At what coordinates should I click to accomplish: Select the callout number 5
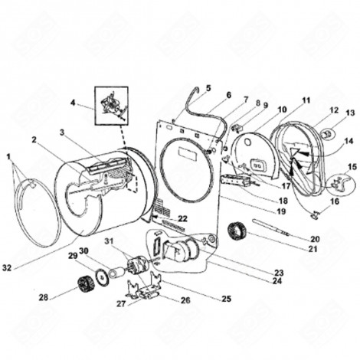pos(208,89)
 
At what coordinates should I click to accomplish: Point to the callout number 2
pos(35,140)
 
